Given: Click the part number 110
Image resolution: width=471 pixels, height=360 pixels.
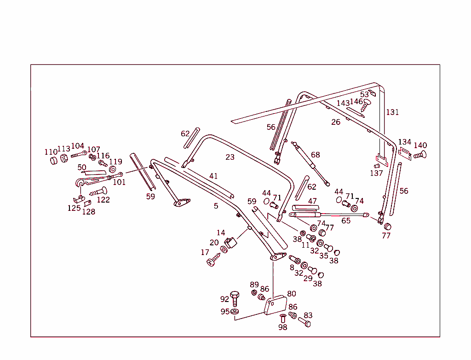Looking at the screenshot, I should [51, 152].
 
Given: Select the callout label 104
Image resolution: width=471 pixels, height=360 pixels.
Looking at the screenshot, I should [77, 146].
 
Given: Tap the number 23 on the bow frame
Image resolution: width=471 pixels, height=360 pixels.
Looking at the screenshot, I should [230, 157].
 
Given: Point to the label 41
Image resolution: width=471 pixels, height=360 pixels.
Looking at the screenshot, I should [213, 176].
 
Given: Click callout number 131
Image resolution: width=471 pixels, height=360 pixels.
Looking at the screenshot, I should [392, 112].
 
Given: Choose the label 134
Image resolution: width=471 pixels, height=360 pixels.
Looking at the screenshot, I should [405, 142].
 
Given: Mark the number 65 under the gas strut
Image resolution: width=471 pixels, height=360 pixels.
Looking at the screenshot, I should [346, 221].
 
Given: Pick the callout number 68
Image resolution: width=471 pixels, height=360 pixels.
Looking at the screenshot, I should [315, 155].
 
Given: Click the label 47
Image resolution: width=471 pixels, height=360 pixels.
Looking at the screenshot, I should [312, 201].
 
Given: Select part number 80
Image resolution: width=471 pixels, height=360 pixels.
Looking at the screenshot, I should [292, 294].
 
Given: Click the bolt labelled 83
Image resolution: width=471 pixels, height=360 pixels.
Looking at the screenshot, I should [304, 322].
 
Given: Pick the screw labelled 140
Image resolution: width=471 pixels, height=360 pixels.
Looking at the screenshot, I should [420, 155].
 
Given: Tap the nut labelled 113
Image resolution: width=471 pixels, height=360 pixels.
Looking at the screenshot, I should [64, 158].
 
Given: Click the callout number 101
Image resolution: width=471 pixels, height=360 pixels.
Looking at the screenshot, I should [119, 182].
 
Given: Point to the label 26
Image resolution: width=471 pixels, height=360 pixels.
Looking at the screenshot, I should [336, 122].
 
